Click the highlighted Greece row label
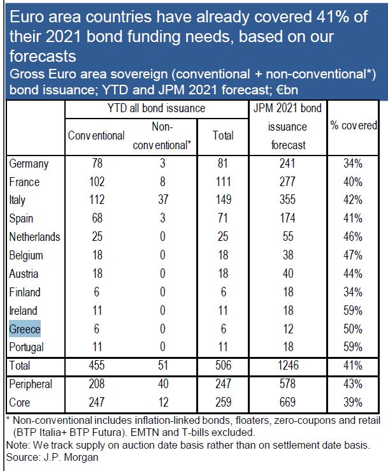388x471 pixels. tap(25, 330)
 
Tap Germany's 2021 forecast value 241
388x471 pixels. tap(289, 164)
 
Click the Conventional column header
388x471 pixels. tap(97, 135)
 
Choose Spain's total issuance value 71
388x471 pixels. tap(223, 219)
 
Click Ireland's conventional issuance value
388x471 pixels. tap(97, 311)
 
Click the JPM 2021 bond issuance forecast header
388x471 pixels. tap(289, 126)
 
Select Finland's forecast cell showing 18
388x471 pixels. tap(289, 293)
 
